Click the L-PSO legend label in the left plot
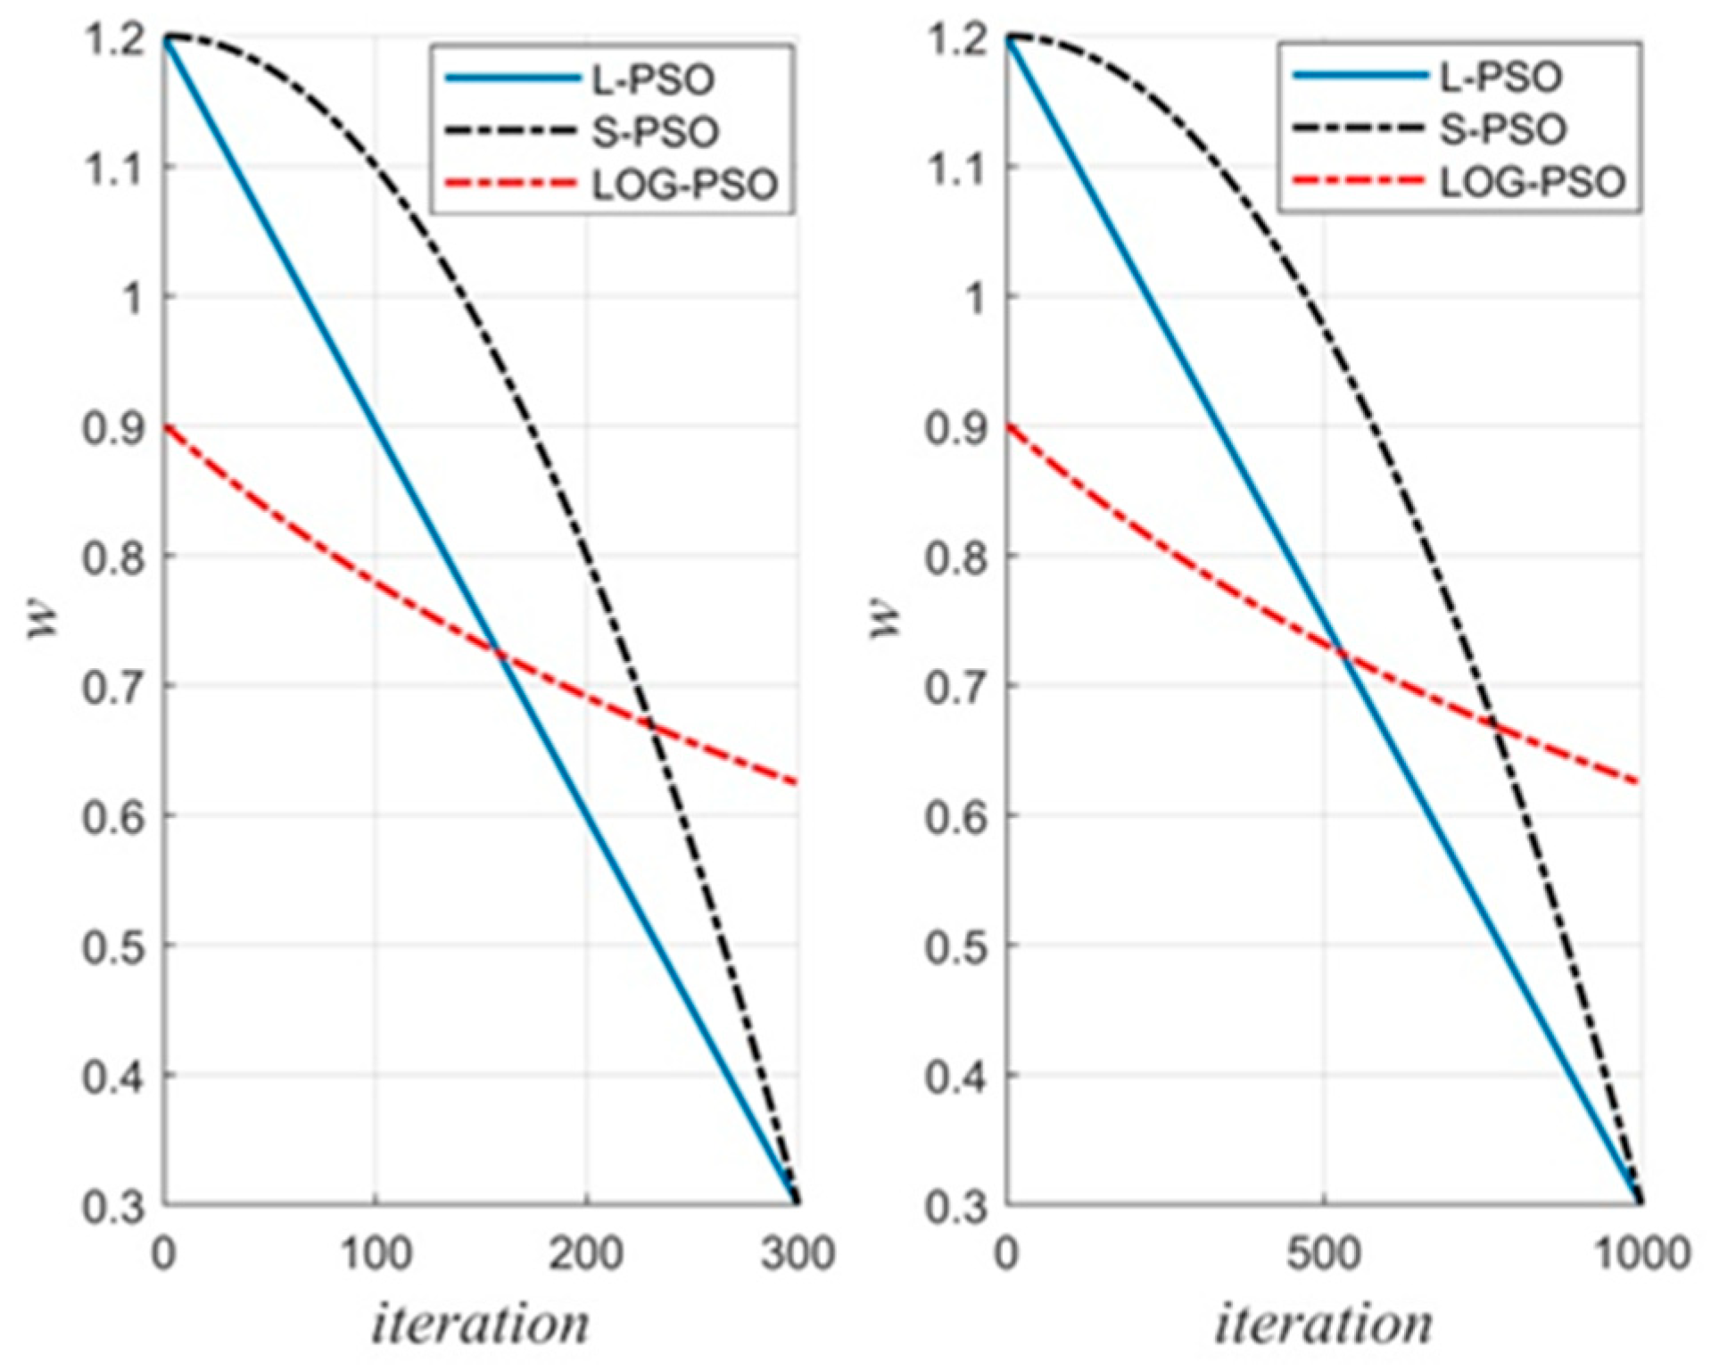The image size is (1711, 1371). (654, 80)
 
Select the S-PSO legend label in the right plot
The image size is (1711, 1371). (1503, 130)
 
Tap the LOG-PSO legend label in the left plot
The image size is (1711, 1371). (684, 186)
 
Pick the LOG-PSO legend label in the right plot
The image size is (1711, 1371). (1532, 183)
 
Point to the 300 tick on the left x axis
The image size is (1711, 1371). (797, 1253)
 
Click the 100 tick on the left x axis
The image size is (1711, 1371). (376, 1253)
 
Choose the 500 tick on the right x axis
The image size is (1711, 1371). (1323, 1253)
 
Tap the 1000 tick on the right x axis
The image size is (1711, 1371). (1640, 1253)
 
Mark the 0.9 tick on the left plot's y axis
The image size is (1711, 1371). (113, 428)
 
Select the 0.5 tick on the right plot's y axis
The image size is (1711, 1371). (955, 946)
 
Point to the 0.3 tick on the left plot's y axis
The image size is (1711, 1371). (113, 1206)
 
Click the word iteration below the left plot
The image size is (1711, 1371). (480, 1323)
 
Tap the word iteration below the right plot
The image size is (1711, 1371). (1323, 1323)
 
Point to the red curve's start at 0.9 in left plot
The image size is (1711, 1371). (165, 426)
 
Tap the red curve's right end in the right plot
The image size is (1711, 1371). (1640, 783)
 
